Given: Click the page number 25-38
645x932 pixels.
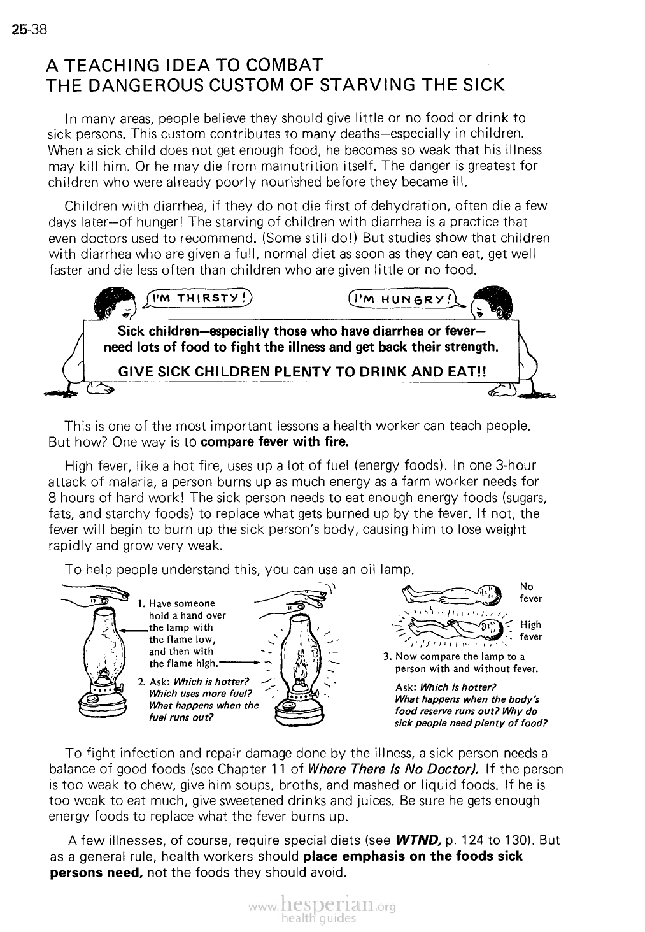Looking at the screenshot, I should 25,29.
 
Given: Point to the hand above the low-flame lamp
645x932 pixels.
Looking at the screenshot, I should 96,594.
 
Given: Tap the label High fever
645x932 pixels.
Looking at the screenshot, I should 530,631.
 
